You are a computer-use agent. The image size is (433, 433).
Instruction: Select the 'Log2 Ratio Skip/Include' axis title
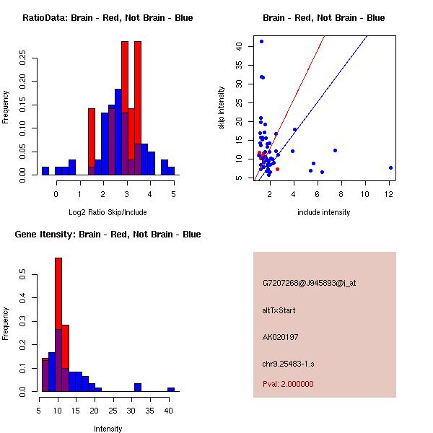108,212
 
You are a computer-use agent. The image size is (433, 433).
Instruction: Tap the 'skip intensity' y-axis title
222,108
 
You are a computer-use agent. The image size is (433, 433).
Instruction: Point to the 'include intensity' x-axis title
323,212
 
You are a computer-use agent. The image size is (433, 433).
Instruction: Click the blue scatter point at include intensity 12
390,167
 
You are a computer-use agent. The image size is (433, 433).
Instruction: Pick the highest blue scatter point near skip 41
261,42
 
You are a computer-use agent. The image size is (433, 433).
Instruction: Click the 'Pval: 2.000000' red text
288,384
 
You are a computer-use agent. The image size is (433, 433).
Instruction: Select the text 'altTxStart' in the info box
279,310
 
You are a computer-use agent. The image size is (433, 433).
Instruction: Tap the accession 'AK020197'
281,336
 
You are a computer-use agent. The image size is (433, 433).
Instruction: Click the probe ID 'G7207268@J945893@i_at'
309,283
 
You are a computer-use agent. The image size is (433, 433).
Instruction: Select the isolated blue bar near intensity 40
171,389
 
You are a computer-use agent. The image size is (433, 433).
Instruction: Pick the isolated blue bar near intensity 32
138,387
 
